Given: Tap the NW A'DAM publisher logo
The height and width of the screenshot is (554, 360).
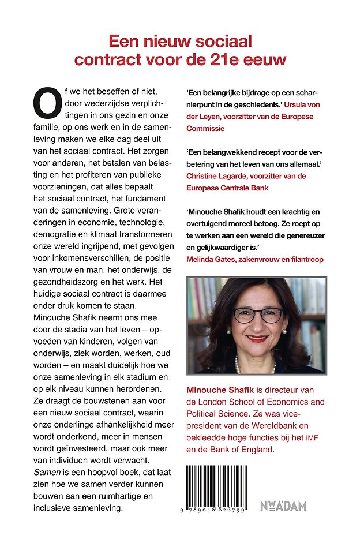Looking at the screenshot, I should point(283,506).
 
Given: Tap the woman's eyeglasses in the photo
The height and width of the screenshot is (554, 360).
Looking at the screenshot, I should point(257,315).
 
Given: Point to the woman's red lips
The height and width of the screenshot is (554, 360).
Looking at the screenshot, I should point(256,338).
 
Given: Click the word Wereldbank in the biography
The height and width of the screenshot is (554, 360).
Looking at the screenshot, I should point(257,426).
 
